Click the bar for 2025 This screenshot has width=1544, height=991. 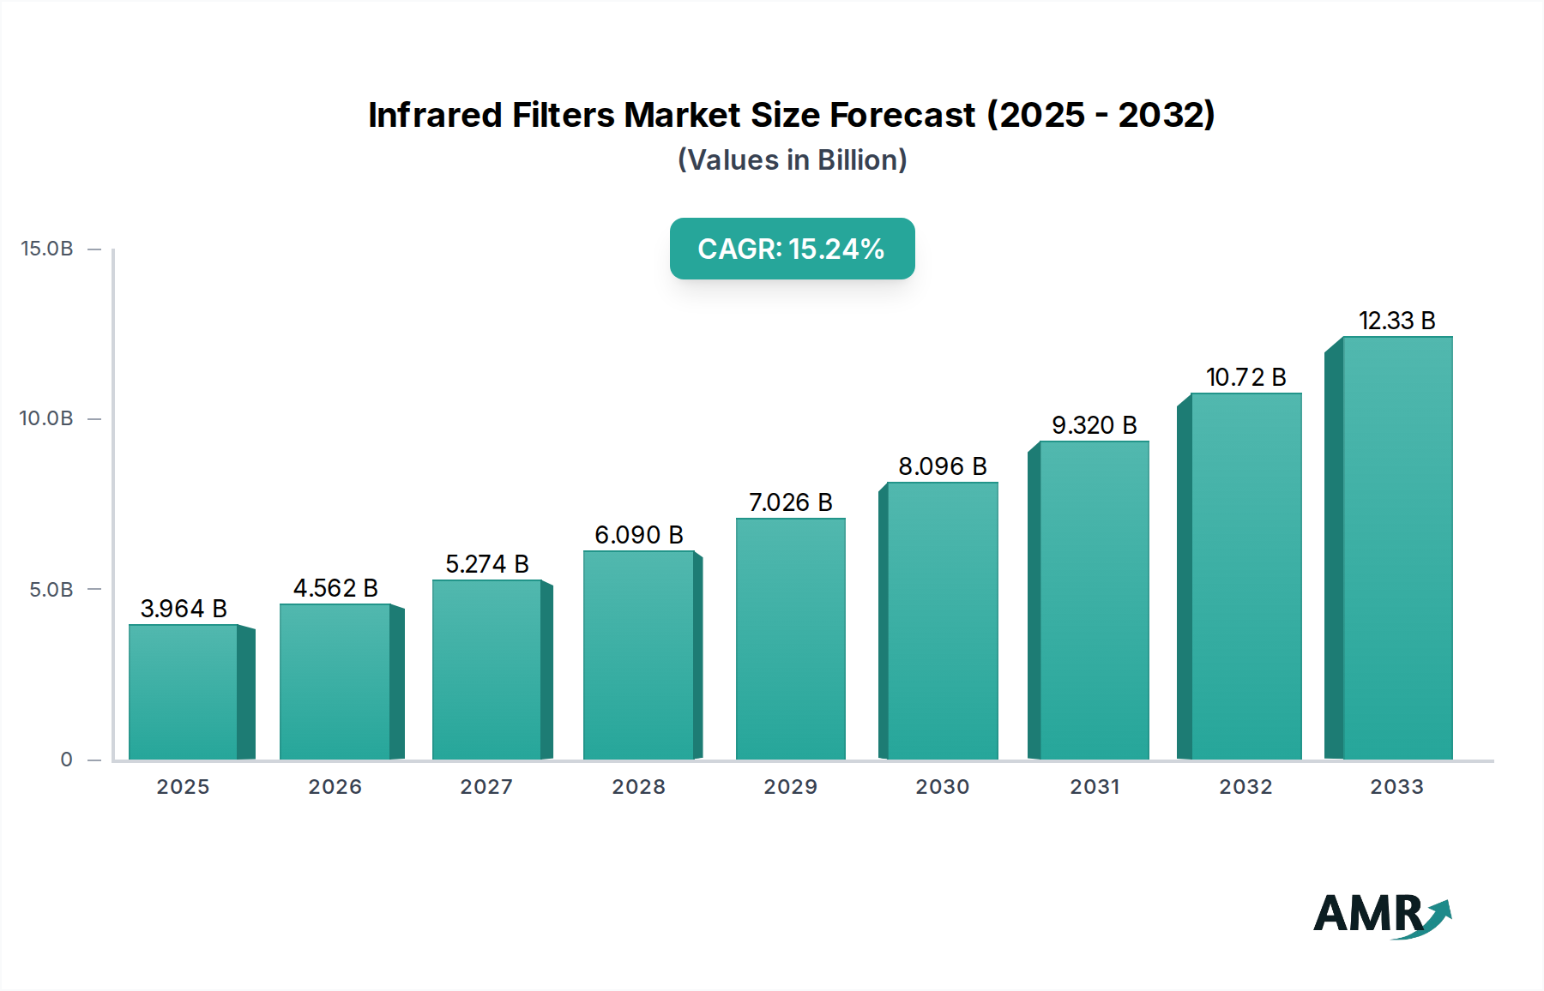pyautogui.click(x=183, y=692)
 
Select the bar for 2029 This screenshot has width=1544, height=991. pyautogui.click(x=790, y=639)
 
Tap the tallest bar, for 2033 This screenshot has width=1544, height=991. pyautogui.click(x=1396, y=549)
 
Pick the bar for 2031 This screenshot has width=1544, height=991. pyautogui.click(x=1094, y=600)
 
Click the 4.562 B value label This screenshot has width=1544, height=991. pyautogui.click(x=335, y=588)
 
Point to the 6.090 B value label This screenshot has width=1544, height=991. pyautogui.click(x=638, y=535)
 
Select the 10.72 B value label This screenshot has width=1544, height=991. pyautogui.click(x=1245, y=377)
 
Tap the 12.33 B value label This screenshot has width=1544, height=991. pyautogui.click(x=1396, y=321)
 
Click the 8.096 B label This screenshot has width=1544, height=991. pyautogui.click(x=942, y=466)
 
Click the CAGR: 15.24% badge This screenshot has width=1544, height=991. pyautogui.click(x=792, y=249)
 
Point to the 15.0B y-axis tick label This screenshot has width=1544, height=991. pyautogui.click(x=47, y=249)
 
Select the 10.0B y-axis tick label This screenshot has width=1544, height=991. pyautogui.click(x=47, y=418)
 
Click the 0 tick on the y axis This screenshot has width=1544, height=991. pyautogui.click(x=66, y=760)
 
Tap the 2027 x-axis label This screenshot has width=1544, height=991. pyautogui.click(x=486, y=787)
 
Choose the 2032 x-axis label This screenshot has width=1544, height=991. pyautogui.click(x=1245, y=787)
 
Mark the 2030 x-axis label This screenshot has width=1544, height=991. pyautogui.click(x=942, y=787)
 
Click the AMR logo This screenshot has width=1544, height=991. pyautogui.click(x=1381, y=915)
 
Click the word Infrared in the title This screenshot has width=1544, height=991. pyautogui.click(x=434, y=115)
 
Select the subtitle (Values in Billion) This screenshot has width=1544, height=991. pyautogui.click(x=792, y=160)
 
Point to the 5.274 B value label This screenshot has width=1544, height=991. pyautogui.click(x=486, y=564)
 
